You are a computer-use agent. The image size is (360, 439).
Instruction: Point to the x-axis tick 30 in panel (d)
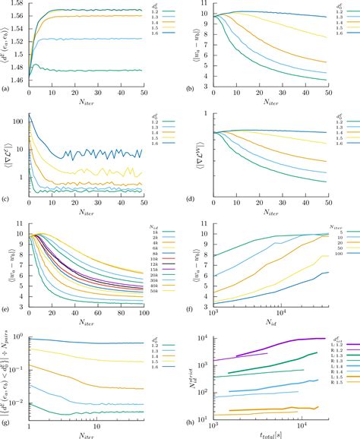(294, 199)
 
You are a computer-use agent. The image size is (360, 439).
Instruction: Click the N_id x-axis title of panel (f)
(273, 316)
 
